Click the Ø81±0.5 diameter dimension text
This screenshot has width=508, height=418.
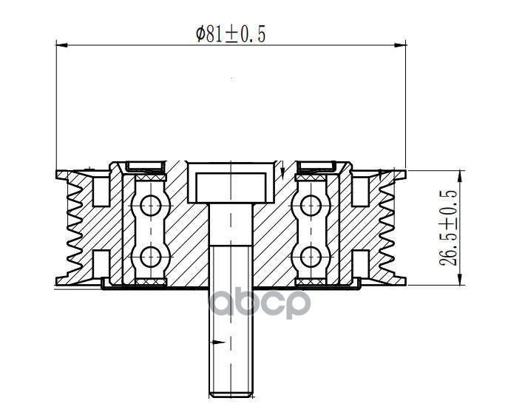(x=231, y=34)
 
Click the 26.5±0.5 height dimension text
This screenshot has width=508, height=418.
(x=448, y=228)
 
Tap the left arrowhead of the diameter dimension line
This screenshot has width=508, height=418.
(x=62, y=45)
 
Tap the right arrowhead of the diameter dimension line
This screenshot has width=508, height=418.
(x=401, y=45)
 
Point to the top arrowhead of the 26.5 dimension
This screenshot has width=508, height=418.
(x=460, y=176)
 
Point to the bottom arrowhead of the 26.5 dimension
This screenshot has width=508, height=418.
(x=460, y=280)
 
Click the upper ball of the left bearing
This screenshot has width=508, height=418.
(x=151, y=206)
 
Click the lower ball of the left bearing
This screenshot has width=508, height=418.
(x=151, y=257)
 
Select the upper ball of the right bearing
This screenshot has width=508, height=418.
(x=311, y=206)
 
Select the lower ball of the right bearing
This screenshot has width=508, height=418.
(x=311, y=257)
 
